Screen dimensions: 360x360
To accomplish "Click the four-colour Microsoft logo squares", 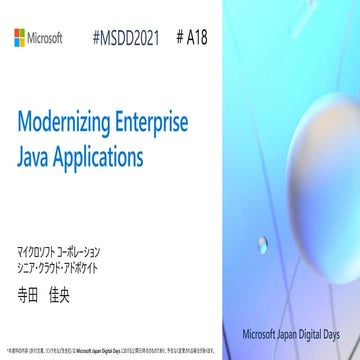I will (19, 38).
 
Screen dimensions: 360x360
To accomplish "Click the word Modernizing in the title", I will (67, 124).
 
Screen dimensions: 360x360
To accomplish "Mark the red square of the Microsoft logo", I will (15, 34).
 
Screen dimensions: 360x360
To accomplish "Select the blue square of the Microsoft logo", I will (15, 43).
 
